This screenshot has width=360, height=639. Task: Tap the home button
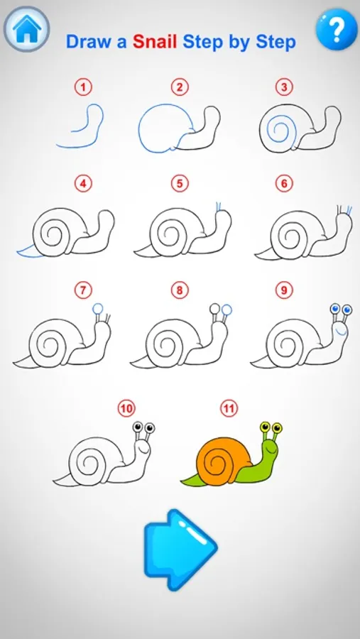[26, 28]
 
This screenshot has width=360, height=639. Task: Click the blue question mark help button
[337, 28]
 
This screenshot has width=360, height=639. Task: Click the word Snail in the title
[156, 42]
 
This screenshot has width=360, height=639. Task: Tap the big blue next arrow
[180, 550]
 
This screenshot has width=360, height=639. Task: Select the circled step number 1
[84, 87]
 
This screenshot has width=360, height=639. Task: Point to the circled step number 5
[180, 184]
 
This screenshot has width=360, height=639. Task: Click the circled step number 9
[284, 290]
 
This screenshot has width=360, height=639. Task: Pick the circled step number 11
[229, 408]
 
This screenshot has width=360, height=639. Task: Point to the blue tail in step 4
[29, 251]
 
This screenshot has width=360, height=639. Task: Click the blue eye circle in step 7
[97, 309]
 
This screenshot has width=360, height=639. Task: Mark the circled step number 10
[126, 408]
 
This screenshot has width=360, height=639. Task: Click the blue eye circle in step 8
[227, 310]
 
